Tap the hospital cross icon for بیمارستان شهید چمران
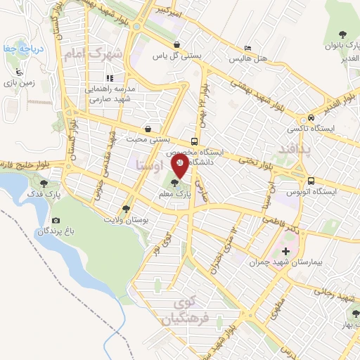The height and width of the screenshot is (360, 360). click(x=285, y=251)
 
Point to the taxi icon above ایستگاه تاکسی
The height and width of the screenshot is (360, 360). click(x=311, y=118)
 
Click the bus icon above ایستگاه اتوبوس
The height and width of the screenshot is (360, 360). click(x=311, y=179)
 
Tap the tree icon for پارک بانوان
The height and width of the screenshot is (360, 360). click(x=342, y=34)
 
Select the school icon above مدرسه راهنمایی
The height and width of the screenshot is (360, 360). click(x=110, y=78)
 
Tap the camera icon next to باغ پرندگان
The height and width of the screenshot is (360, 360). click(x=56, y=221)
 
